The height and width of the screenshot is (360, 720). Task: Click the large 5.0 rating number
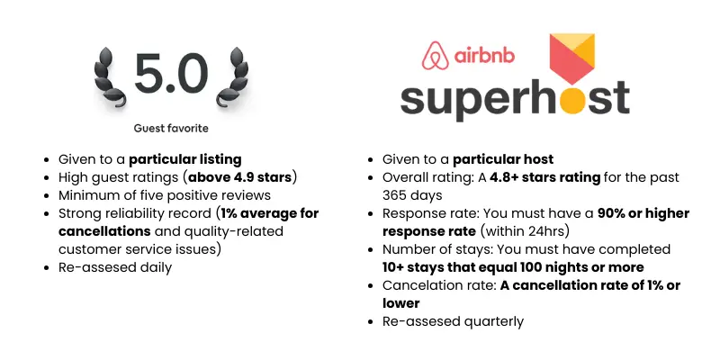(171, 74)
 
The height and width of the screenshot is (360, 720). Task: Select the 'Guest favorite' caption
(171, 129)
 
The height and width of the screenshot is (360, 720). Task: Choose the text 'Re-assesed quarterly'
(453, 321)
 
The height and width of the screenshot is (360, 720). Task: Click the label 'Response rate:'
(428, 213)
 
